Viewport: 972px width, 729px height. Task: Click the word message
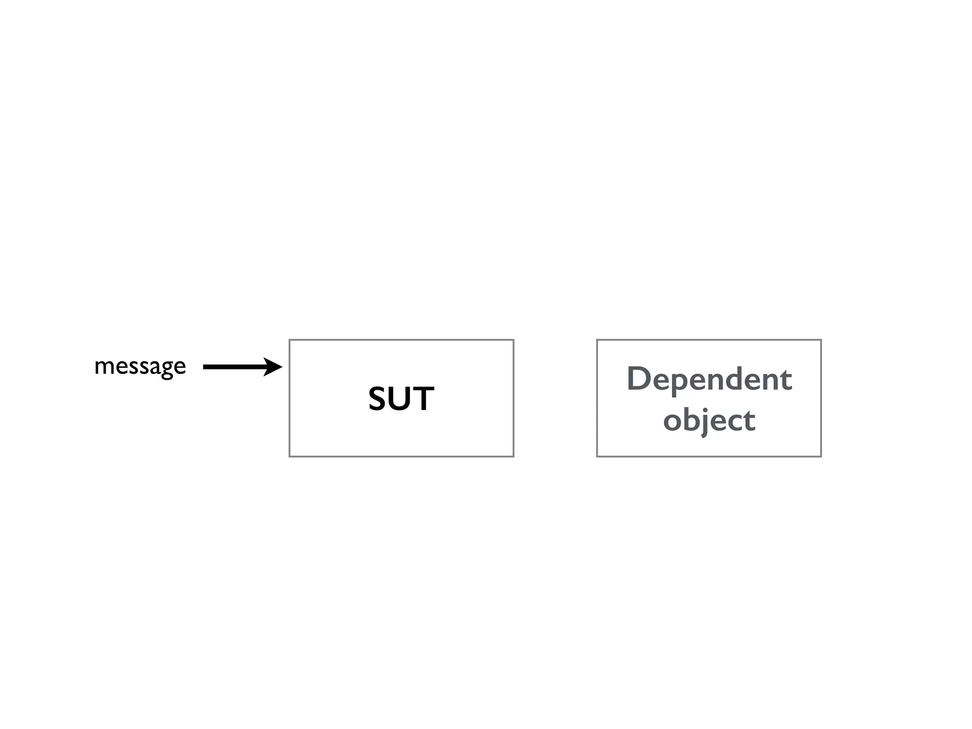pyautogui.click(x=140, y=366)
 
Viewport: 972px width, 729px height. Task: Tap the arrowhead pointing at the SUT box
pyautogui.click(x=274, y=367)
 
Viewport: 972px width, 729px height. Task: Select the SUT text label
pyautogui.click(x=401, y=399)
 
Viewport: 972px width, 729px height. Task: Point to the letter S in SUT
pyautogui.click(x=379, y=399)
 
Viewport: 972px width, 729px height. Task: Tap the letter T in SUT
pyautogui.click(x=424, y=399)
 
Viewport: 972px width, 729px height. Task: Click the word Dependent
pyautogui.click(x=709, y=379)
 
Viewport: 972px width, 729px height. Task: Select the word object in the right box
pyautogui.click(x=709, y=420)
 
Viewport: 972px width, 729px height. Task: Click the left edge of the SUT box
pyautogui.click(x=290, y=398)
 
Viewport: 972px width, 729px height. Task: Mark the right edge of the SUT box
pyautogui.click(x=514, y=398)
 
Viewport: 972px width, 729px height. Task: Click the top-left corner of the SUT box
pyautogui.click(x=290, y=340)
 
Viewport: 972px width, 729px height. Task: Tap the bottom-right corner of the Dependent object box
pyautogui.click(x=821, y=457)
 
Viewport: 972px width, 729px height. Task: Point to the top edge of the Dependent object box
pyautogui.click(x=709, y=340)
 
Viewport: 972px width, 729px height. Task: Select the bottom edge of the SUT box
pyautogui.click(x=401, y=457)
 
